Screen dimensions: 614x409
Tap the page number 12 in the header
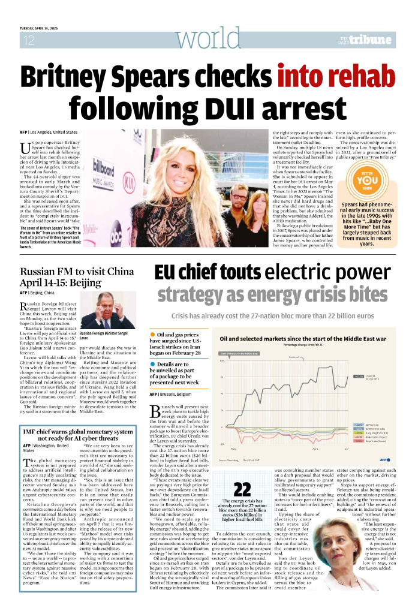(x=28, y=40)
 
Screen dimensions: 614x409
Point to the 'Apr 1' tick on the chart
(x=315, y=448)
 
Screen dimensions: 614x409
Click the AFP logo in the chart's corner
(x=384, y=459)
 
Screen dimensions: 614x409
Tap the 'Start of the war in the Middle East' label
(x=239, y=354)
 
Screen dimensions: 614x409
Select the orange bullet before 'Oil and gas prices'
(x=152, y=333)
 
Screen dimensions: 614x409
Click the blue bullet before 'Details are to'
(x=152, y=364)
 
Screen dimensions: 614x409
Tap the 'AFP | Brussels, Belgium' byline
(x=170, y=394)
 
